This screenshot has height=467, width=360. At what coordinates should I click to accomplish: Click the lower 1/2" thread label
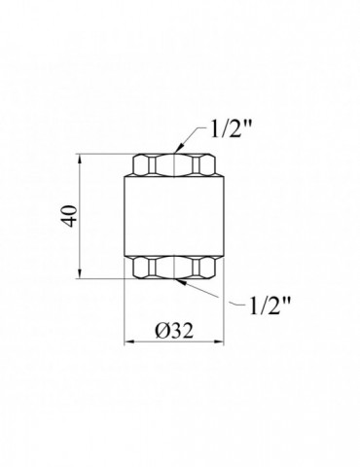[270, 305]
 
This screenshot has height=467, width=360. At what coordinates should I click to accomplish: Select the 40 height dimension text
[70, 216]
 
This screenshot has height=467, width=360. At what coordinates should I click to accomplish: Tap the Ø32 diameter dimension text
[174, 332]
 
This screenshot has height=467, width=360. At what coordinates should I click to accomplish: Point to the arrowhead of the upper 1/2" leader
[178, 149]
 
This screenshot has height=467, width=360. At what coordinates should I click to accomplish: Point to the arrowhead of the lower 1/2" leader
[181, 282]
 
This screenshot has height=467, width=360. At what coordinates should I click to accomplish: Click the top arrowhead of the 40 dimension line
[80, 160]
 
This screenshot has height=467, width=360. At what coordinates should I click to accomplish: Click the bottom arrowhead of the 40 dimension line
[80, 272]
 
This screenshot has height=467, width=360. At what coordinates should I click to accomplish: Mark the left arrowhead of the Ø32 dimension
[130, 341]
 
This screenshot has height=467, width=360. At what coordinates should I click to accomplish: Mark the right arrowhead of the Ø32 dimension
[218, 341]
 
